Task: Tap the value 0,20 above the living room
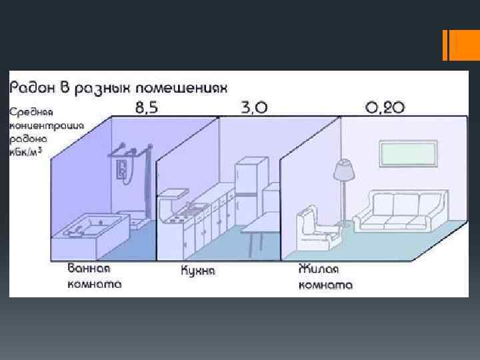click(385, 109)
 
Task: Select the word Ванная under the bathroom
click(89, 269)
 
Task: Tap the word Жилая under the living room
click(319, 270)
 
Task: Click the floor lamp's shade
click(344, 171)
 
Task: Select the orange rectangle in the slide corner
click(459, 45)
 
